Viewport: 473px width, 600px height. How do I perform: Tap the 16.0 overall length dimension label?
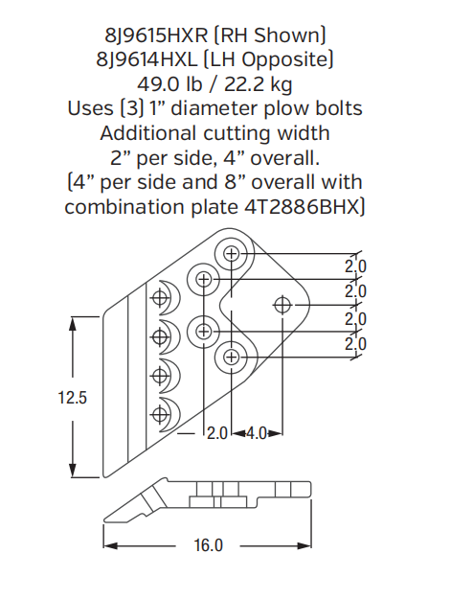tap(208, 545)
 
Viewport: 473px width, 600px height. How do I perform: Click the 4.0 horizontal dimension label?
tap(256, 433)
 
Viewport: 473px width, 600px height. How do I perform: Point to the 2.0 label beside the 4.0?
tap(217, 433)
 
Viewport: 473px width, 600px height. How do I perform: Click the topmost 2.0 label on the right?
tap(355, 265)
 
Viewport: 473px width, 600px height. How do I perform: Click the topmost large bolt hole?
tap(231, 254)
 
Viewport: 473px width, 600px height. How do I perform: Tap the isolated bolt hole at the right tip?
tap(282, 305)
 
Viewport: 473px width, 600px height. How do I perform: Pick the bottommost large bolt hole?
tap(231, 358)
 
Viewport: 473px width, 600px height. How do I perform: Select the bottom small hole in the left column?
tap(160, 413)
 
